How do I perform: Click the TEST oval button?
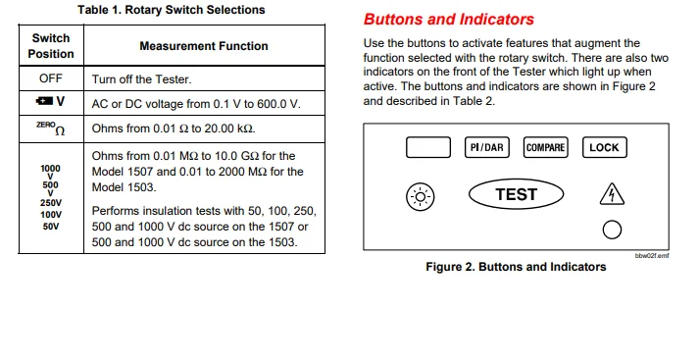[x=517, y=194]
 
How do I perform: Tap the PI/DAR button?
[x=487, y=148]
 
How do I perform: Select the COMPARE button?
[x=546, y=148]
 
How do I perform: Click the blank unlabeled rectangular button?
[x=428, y=148]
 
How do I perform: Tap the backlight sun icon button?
[x=421, y=197]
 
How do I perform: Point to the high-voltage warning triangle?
[x=612, y=194]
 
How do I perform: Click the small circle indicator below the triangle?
[x=612, y=230]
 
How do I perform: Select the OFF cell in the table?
[x=51, y=78]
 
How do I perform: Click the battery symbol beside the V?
[x=44, y=101]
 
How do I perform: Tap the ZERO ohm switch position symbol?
[x=50, y=129]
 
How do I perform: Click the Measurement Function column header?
[x=204, y=46]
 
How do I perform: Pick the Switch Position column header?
[x=51, y=46]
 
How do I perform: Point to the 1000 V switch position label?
[x=50, y=173]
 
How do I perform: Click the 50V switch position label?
[x=51, y=227]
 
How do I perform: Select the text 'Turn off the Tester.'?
[x=142, y=79]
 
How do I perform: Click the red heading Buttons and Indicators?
[x=448, y=20]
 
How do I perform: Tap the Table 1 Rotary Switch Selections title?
[x=172, y=10]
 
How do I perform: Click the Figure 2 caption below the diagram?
[x=516, y=267]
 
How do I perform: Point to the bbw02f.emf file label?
[x=652, y=256]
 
